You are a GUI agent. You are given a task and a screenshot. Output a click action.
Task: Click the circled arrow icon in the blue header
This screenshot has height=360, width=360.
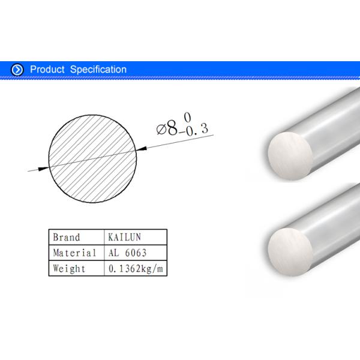pyautogui.click(x=17, y=70)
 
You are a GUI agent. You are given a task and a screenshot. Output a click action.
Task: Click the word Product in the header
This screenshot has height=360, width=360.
pyautogui.click(x=47, y=70)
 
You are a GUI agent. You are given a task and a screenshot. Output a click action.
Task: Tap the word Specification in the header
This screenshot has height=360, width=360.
pyautogui.click(x=98, y=70)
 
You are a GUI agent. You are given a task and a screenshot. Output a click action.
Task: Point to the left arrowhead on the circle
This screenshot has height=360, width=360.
pyautogui.click(x=44, y=169)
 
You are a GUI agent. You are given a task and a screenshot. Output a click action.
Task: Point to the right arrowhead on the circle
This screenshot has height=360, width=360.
pyautogui.click(x=142, y=147)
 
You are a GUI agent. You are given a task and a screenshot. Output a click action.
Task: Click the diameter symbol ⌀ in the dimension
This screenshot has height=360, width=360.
pyautogui.click(x=160, y=129)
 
